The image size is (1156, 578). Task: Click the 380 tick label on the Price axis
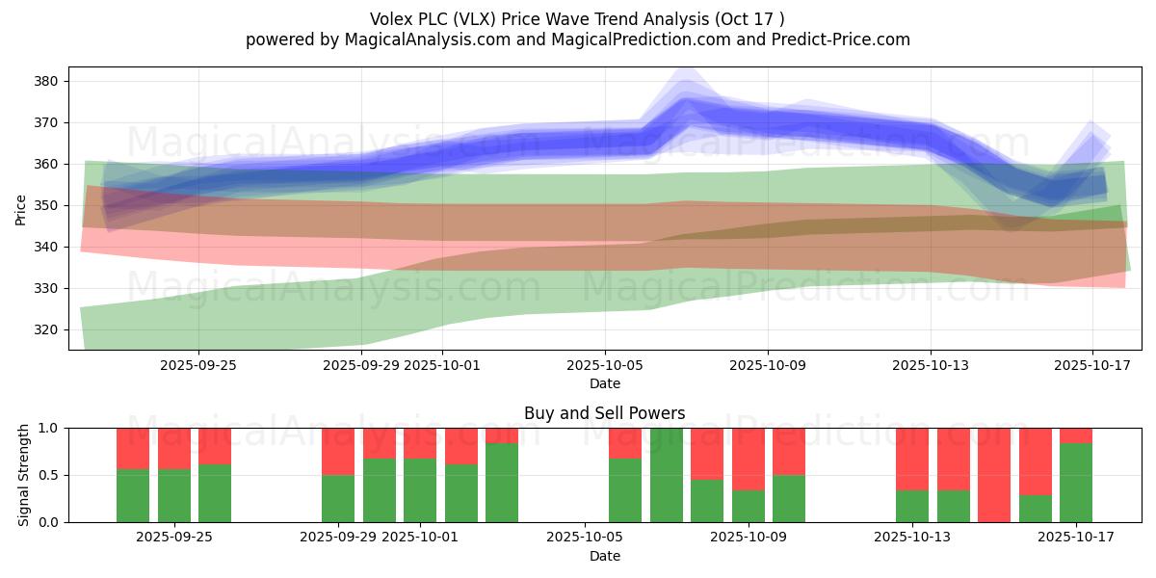[47, 81]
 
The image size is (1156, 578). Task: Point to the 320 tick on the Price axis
[47, 329]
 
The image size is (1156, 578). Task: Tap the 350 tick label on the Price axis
[47, 205]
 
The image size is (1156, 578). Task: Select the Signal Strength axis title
[24, 475]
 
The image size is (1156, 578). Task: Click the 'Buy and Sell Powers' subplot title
[604, 413]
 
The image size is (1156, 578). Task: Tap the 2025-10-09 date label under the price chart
[768, 365]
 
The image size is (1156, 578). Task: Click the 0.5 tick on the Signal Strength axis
[50, 475]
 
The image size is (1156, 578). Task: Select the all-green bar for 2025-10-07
[666, 475]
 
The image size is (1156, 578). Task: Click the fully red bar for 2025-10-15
[994, 475]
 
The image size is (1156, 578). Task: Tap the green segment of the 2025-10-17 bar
[1076, 483]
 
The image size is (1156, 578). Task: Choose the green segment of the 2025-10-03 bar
[502, 483]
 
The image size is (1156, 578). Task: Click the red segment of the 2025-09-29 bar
[338, 451]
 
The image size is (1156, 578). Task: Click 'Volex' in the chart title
[391, 19]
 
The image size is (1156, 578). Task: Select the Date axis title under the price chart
[604, 383]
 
